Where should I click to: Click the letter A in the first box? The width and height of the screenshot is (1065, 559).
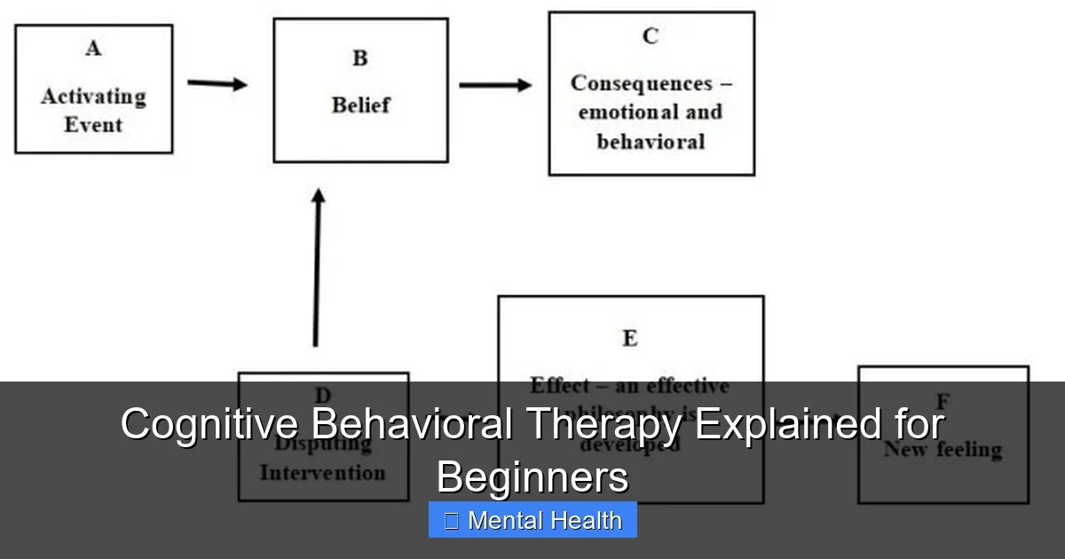(x=93, y=49)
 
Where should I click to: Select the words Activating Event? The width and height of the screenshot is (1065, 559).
(x=93, y=110)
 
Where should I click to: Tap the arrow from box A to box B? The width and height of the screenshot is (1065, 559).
(x=217, y=84)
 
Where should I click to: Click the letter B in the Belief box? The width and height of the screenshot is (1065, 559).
(x=360, y=59)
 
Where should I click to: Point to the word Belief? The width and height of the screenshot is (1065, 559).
(x=360, y=105)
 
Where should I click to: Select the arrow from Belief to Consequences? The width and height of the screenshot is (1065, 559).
(x=495, y=85)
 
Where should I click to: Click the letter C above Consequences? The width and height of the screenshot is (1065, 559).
(x=651, y=36)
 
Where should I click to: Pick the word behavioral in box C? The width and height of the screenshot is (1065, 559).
(x=651, y=142)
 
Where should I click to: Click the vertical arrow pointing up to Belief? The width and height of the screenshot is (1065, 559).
(x=317, y=266)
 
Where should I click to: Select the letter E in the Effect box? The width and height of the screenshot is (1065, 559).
(x=630, y=338)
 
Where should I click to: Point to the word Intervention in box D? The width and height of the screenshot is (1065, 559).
(x=323, y=472)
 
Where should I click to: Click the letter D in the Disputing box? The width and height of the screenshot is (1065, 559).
(x=323, y=396)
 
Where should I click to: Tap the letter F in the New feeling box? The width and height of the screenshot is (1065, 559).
(x=943, y=401)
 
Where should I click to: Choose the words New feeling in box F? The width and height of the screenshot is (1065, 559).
(x=943, y=450)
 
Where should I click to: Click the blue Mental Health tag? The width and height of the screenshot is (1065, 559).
(x=532, y=520)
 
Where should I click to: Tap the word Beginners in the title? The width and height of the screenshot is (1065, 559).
(x=532, y=476)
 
